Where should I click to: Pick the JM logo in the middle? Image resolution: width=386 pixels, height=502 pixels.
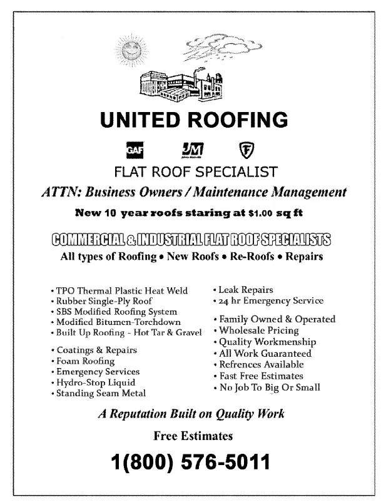pos(191,150)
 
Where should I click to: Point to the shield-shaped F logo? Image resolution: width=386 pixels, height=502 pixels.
pos(247,150)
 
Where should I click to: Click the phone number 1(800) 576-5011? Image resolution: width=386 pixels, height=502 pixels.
pos(191,464)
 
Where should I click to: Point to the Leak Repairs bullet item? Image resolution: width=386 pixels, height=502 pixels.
pos(245,290)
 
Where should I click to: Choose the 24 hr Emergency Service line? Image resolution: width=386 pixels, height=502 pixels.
pos(271,300)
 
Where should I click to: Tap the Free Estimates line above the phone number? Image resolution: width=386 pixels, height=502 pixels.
pos(193,435)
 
